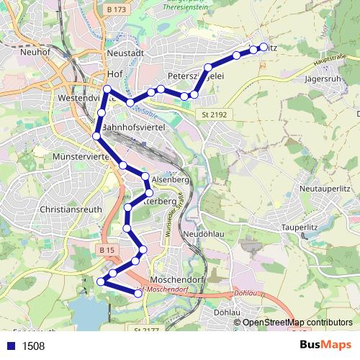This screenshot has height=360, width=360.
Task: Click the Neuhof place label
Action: [34, 52]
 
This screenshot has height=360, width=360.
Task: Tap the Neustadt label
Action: [125, 53]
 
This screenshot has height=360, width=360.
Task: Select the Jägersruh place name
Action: [326, 78]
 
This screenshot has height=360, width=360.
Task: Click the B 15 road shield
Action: [107, 250]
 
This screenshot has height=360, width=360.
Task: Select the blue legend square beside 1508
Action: [12, 346]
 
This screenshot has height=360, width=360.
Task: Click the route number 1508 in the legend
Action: [33, 346]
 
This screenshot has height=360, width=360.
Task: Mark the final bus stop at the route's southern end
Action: [138, 292]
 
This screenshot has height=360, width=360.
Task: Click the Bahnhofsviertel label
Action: [135, 127]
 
